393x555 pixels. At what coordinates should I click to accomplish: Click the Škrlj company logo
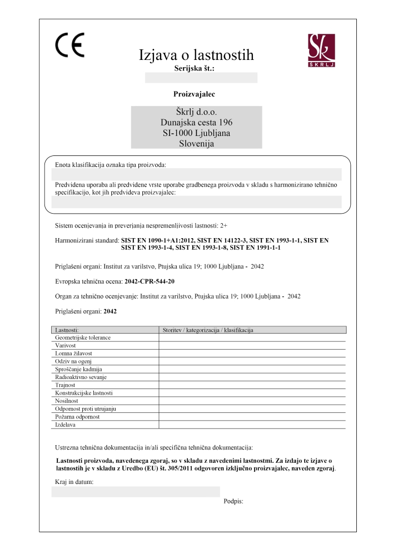point(322,51)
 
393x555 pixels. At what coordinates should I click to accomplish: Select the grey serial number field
point(201,78)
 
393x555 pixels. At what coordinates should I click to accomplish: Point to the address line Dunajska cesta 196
point(196,122)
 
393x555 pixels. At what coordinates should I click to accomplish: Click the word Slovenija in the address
point(196,143)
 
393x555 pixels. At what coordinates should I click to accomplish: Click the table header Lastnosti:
point(67,330)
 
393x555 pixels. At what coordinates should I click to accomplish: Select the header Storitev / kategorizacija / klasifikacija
point(207,330)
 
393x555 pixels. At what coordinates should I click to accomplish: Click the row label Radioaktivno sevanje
point(81,377)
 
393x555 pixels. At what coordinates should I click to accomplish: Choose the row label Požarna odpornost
point(77,416)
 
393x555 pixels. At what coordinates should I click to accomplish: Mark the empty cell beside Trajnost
point(252,385)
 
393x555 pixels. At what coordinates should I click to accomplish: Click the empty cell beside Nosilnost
point(252,400)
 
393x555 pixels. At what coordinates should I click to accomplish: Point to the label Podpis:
point(234,501)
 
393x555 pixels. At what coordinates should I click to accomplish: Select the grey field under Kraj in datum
point(136,492)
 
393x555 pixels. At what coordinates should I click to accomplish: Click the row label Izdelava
point(66,425)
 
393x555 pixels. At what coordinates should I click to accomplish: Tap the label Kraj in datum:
point(74,481)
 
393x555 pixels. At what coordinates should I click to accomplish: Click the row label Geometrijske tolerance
point(83,337)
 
